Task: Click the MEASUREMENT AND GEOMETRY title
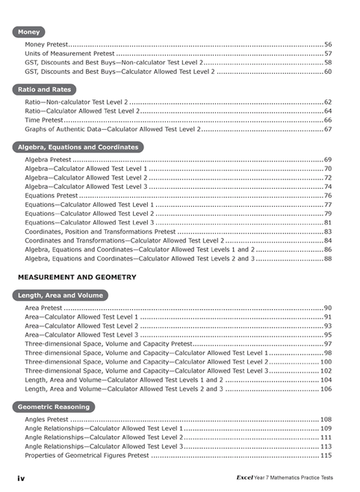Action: coord(77,277)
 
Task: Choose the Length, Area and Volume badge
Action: coord(60,296)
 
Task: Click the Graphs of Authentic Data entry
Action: coord(112,129)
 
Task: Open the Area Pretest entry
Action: coord(43,308)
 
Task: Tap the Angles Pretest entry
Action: coord(47,420)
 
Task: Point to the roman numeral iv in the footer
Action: coord(22,476)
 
